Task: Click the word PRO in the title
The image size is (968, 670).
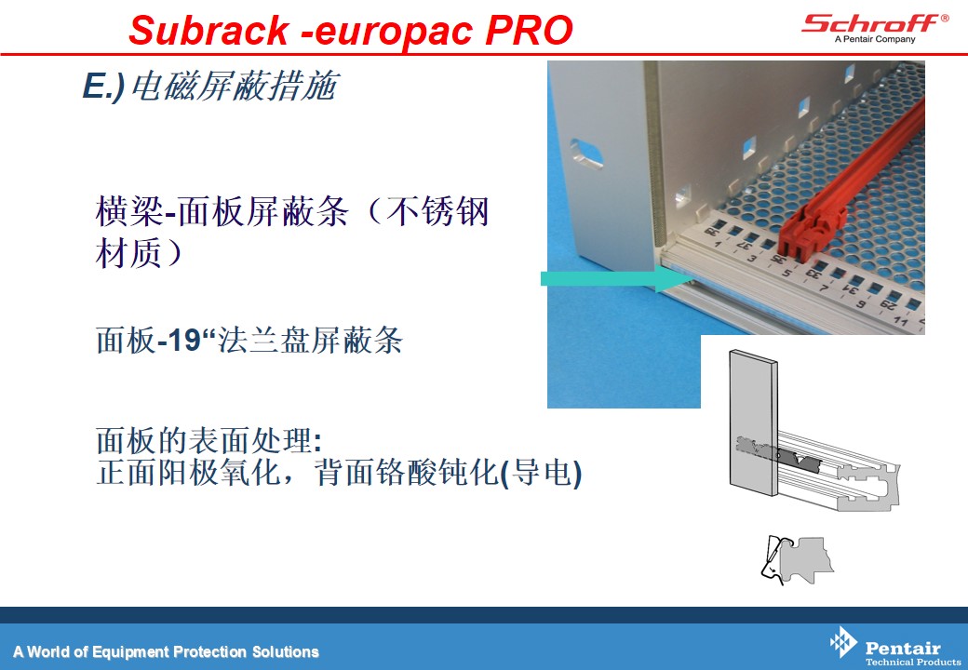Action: pyautogui.click(x=529, y=30)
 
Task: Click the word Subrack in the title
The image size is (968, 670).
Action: pyautogui.click(x=208, y=30)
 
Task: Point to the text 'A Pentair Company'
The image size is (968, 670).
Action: pyautogui.click(x=875, y=39)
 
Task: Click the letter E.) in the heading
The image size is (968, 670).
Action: pyautogui.click(x=103, y=86)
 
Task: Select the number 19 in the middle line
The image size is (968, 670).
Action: pyautogui.click(x=184, y=340)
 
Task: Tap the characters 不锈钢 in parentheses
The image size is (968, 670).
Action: pyautogui.click(x=437, y=211)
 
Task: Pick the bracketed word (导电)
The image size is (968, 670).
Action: pyautogui.click(x=540, y=473)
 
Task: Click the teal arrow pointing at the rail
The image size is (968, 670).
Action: pyautogui.click(x=618, y=279)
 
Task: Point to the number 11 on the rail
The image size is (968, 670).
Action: pyautogui.click(x=901, y=322)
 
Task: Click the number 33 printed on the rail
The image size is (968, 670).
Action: pyautogui.click(x=813, y=272)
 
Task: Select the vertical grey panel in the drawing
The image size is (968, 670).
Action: pyautogui.click(x=753, y=423)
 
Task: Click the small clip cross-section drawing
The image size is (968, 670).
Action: pyautogui.click(x=797, y=559)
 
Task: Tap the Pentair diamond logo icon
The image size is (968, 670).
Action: pyautogui.click(x=843, y=642)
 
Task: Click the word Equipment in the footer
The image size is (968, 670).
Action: pyautogui.click(x=130, y=652)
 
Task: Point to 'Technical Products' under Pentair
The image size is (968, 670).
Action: pyautogui.click(x=912, y=662)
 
